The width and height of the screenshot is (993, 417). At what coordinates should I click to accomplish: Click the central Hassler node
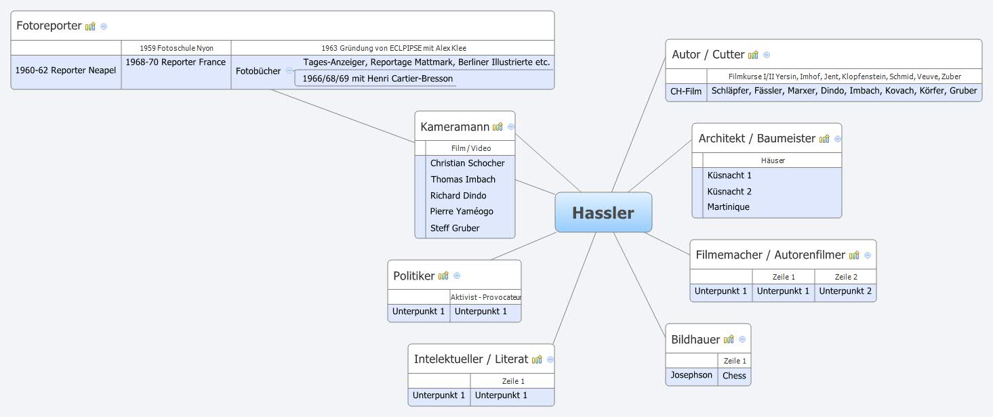pos(603,213)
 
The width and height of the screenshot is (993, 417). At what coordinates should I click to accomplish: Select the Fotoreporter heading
pos(49,26)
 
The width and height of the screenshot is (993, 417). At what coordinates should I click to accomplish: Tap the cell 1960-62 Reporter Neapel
pos(66,70)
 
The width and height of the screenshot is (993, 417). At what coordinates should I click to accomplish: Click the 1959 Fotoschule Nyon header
pos(176,48)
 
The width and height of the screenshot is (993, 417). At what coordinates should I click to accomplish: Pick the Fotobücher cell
pos(258,70)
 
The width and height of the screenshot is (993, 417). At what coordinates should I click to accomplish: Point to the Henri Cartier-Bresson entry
pos(378,79)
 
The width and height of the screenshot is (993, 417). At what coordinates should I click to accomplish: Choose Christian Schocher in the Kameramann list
pos(467,163)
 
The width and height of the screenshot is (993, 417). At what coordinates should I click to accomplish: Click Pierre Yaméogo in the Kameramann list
pos(462,211)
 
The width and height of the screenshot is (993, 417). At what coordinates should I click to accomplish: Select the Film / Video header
pos(470,148)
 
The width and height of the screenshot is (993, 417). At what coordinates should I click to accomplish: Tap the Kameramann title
pos(455,127)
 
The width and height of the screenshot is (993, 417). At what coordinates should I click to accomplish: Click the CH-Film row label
pos(686,91)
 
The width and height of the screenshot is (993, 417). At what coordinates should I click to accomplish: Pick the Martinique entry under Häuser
pos(728,207)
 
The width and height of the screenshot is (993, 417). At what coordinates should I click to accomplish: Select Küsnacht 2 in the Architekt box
pos(729,192)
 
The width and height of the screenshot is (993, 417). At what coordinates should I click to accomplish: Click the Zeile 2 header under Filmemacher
pos(845,277)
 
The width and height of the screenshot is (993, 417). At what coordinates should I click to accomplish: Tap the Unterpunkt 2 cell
pos(845,291)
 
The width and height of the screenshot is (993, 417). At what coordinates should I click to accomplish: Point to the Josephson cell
pos(691,375)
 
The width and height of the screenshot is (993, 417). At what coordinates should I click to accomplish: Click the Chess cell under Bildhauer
pos(734,376)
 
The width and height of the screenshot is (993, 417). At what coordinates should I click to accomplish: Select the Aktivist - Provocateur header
pos(486,297)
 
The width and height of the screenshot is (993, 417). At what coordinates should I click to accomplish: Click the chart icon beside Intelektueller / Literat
pos(537,359)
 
